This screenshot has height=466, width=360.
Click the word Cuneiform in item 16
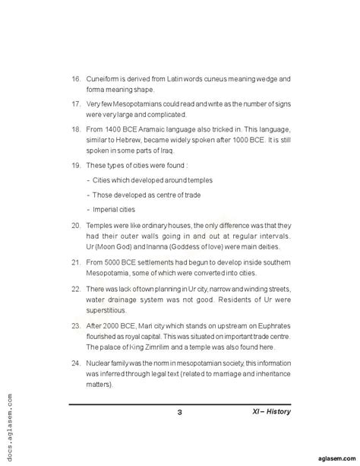[x=106, y=79]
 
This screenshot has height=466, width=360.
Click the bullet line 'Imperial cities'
[x=115, y=208]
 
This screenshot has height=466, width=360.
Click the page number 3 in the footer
[x=180, y=413]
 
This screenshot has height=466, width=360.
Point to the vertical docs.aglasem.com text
[x=9, y=430]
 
